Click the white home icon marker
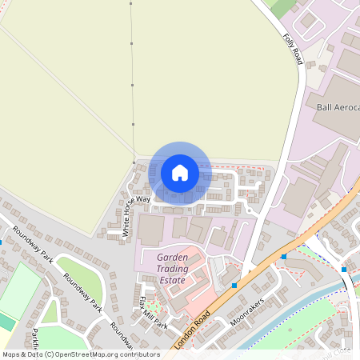coord(179,173)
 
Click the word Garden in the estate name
coord(172,258)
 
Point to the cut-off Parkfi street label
coord(36,341)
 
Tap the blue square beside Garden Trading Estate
coord(234,285)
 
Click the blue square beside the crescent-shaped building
coord(284,257)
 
